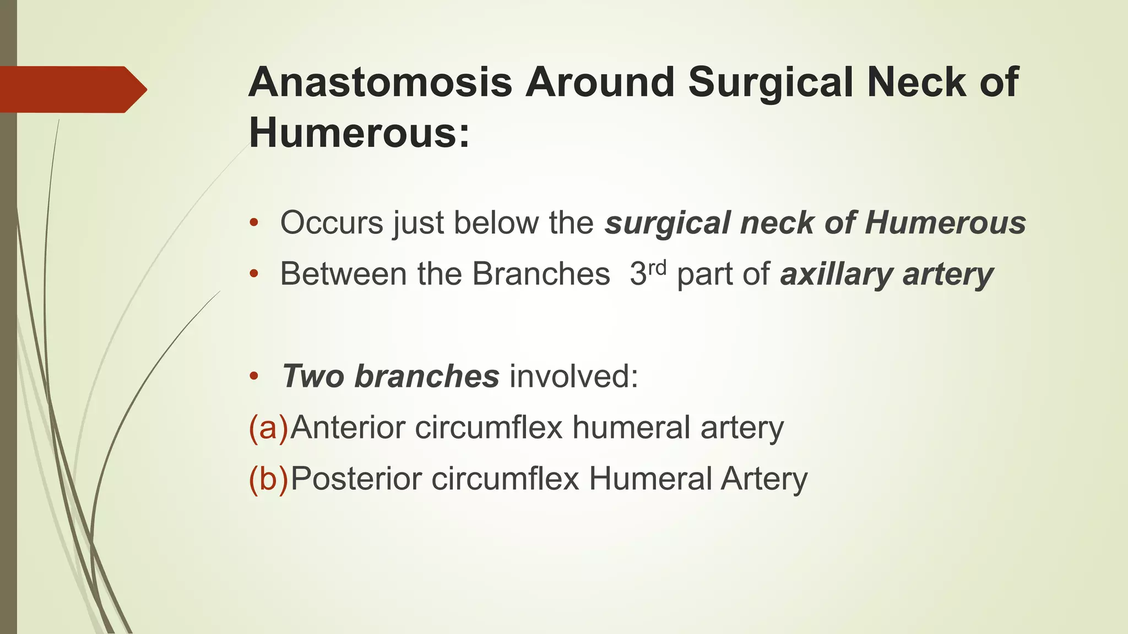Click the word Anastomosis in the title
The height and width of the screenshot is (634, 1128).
381,83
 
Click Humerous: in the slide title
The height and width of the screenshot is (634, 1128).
360,133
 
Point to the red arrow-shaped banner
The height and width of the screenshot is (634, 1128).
72,90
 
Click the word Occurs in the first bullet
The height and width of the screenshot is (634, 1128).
332,223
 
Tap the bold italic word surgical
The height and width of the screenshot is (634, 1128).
667,223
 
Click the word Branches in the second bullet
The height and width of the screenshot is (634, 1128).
541,274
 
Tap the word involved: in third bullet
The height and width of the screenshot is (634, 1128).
574,376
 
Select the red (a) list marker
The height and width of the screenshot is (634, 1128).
268,428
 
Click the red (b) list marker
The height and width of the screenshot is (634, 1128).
268,478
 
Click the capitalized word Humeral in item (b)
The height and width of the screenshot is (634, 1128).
650,478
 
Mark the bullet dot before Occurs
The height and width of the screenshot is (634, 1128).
253,223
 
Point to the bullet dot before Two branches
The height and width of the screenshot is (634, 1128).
253,377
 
